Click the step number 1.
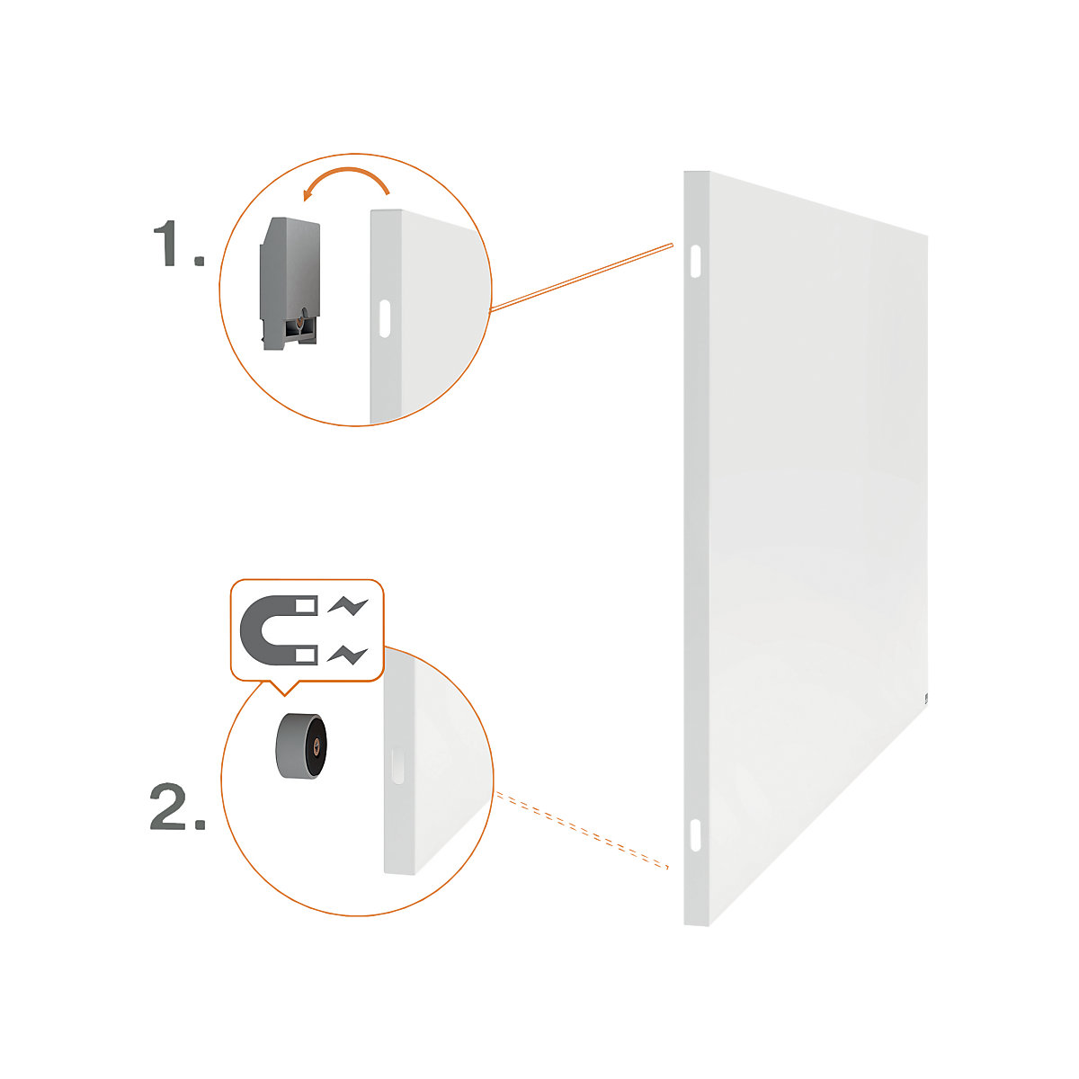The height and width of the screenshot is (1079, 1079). (x=176, y=245)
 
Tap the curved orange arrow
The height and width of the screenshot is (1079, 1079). (x=346, y=181)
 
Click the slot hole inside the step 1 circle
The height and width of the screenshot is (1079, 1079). (x=385, y=319)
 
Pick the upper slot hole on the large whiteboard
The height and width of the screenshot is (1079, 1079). (x=696, y=260)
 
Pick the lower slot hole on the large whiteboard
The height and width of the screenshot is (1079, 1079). (x=696, y=832)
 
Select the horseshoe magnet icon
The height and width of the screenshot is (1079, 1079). (x=280, y=630)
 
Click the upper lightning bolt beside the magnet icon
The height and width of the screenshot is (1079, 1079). (x=349, y=605)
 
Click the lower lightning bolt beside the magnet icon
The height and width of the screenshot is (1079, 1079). (x=349, y=654)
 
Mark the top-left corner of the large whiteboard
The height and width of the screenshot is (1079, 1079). (x=685, y=173)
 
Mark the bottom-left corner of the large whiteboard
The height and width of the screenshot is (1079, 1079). (x=686, y=923)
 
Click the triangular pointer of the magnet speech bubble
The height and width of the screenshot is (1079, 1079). (x=285, y=688)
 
